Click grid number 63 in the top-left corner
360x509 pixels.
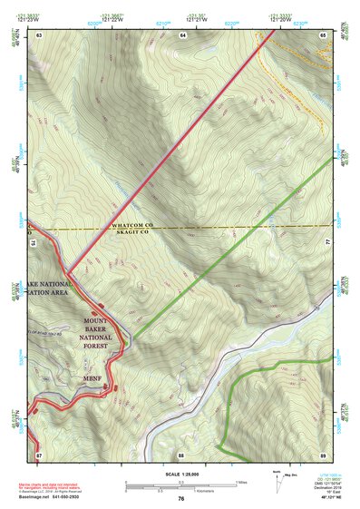[x=39, y=34]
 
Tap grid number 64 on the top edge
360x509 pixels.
[x=182, y=34]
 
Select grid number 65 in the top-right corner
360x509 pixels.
[x=324, y=34]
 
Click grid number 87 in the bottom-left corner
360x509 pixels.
[x=39, y=454]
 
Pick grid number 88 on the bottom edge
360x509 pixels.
[x=181, y=454]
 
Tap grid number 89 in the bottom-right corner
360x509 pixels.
[x=324, y=454]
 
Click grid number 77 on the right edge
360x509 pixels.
[x=327, y=243]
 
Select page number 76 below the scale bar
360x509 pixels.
[x=181, y=498]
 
